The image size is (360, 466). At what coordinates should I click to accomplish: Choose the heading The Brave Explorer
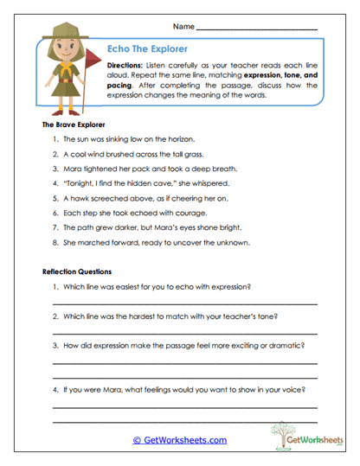coord(74,125)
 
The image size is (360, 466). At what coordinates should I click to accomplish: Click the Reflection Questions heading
coord(77,271)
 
